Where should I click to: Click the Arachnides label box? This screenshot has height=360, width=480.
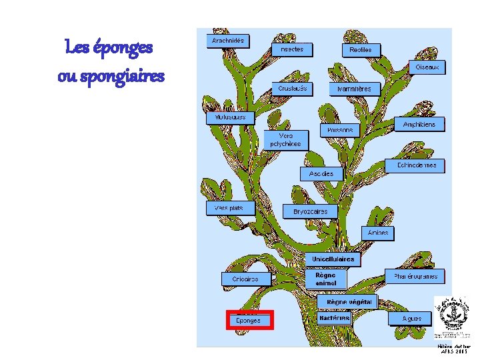pyautogui.click(x=228, y=41)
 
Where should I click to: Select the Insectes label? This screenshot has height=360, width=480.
pyautogui.click(x=292, y=49)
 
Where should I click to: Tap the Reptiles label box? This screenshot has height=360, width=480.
pyautogui.click(x=362, y=50)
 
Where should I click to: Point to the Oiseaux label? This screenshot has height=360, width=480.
pyautogui.click(x=427, y=67)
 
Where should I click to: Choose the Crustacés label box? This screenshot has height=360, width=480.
pyautogui.click(x=293, y=88)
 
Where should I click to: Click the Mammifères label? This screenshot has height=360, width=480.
pyautogui.click(x=354, y=89)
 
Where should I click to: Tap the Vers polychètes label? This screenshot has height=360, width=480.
pyautogui.click(x=286, y=139)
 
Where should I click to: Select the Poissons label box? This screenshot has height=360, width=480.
pyautogui.click(x=340, y=131)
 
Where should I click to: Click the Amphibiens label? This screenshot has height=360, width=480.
pyautogui.click(x=419, y=125)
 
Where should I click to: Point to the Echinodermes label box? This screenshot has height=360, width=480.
pyautogui.click(x=417, y=165)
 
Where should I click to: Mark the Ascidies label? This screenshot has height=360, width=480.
pyautogui.click(x=321, y=173)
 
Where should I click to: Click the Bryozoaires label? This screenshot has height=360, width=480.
pyautogui.click(x=311, y=211)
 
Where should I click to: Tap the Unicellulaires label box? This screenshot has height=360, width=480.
pyautogui.click(x=333, y=259)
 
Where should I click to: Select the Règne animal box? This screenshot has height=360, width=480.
pyautogui.click(x=326, y=279)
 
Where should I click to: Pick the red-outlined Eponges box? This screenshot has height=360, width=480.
pyautogui.click(x=249, y=320)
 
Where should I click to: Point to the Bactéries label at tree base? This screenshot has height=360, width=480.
pyautogui.click(x=335, y=318)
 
